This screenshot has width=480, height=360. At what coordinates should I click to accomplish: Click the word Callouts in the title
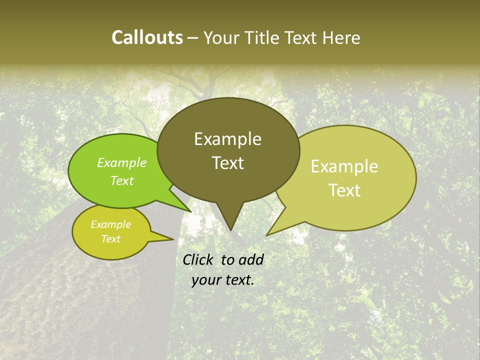tap(147, 37)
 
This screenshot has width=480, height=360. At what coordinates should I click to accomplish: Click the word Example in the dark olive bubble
tap(227, 139)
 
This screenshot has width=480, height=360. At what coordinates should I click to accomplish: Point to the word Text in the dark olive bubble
tap(227, 163)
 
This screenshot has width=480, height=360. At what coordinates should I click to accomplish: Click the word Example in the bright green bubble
tap(122, 162)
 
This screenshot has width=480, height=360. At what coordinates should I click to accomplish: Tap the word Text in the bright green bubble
tap(122, 180)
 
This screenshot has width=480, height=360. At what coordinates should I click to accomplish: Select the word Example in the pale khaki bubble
tap(344, 166)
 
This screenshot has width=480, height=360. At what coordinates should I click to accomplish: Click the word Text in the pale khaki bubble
tap(344, 190)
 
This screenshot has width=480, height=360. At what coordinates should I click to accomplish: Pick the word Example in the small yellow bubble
tap(110, 224)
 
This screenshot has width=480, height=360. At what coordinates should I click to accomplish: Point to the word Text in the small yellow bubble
tap(110, 239)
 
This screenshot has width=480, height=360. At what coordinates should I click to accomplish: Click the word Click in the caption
tap(198, 259)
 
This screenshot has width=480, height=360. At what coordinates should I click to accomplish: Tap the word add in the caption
tap(250, 259)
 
